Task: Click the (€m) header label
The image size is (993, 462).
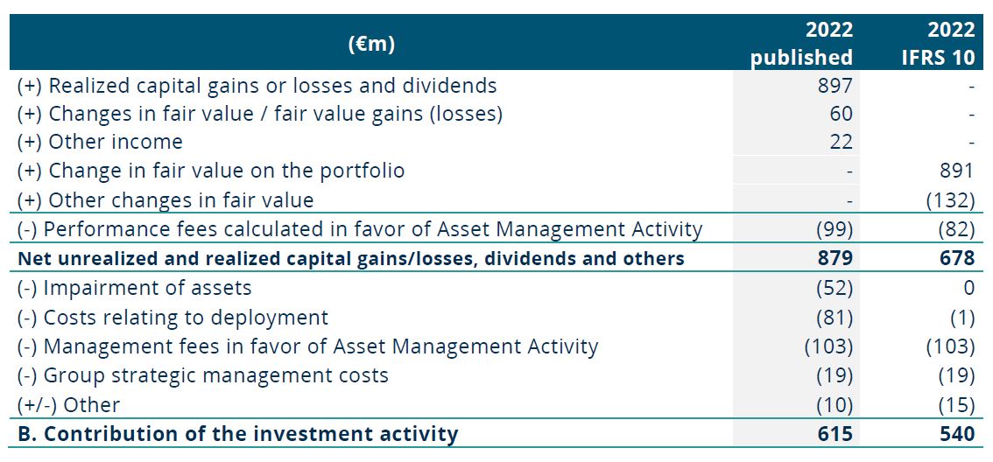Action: coord(371,44)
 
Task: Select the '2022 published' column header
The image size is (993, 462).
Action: coord(802,43)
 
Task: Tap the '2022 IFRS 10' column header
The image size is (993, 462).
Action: coord(938,43)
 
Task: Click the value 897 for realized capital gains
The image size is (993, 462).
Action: coord(835,85)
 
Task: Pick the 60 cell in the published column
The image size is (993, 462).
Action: coord(841,113)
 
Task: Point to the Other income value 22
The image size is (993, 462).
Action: coord(841,142)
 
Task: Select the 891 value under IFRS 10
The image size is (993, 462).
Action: coord(957,171)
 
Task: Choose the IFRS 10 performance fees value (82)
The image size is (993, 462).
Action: coord(955,229)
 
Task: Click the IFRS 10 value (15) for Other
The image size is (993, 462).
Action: coord(955,403)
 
